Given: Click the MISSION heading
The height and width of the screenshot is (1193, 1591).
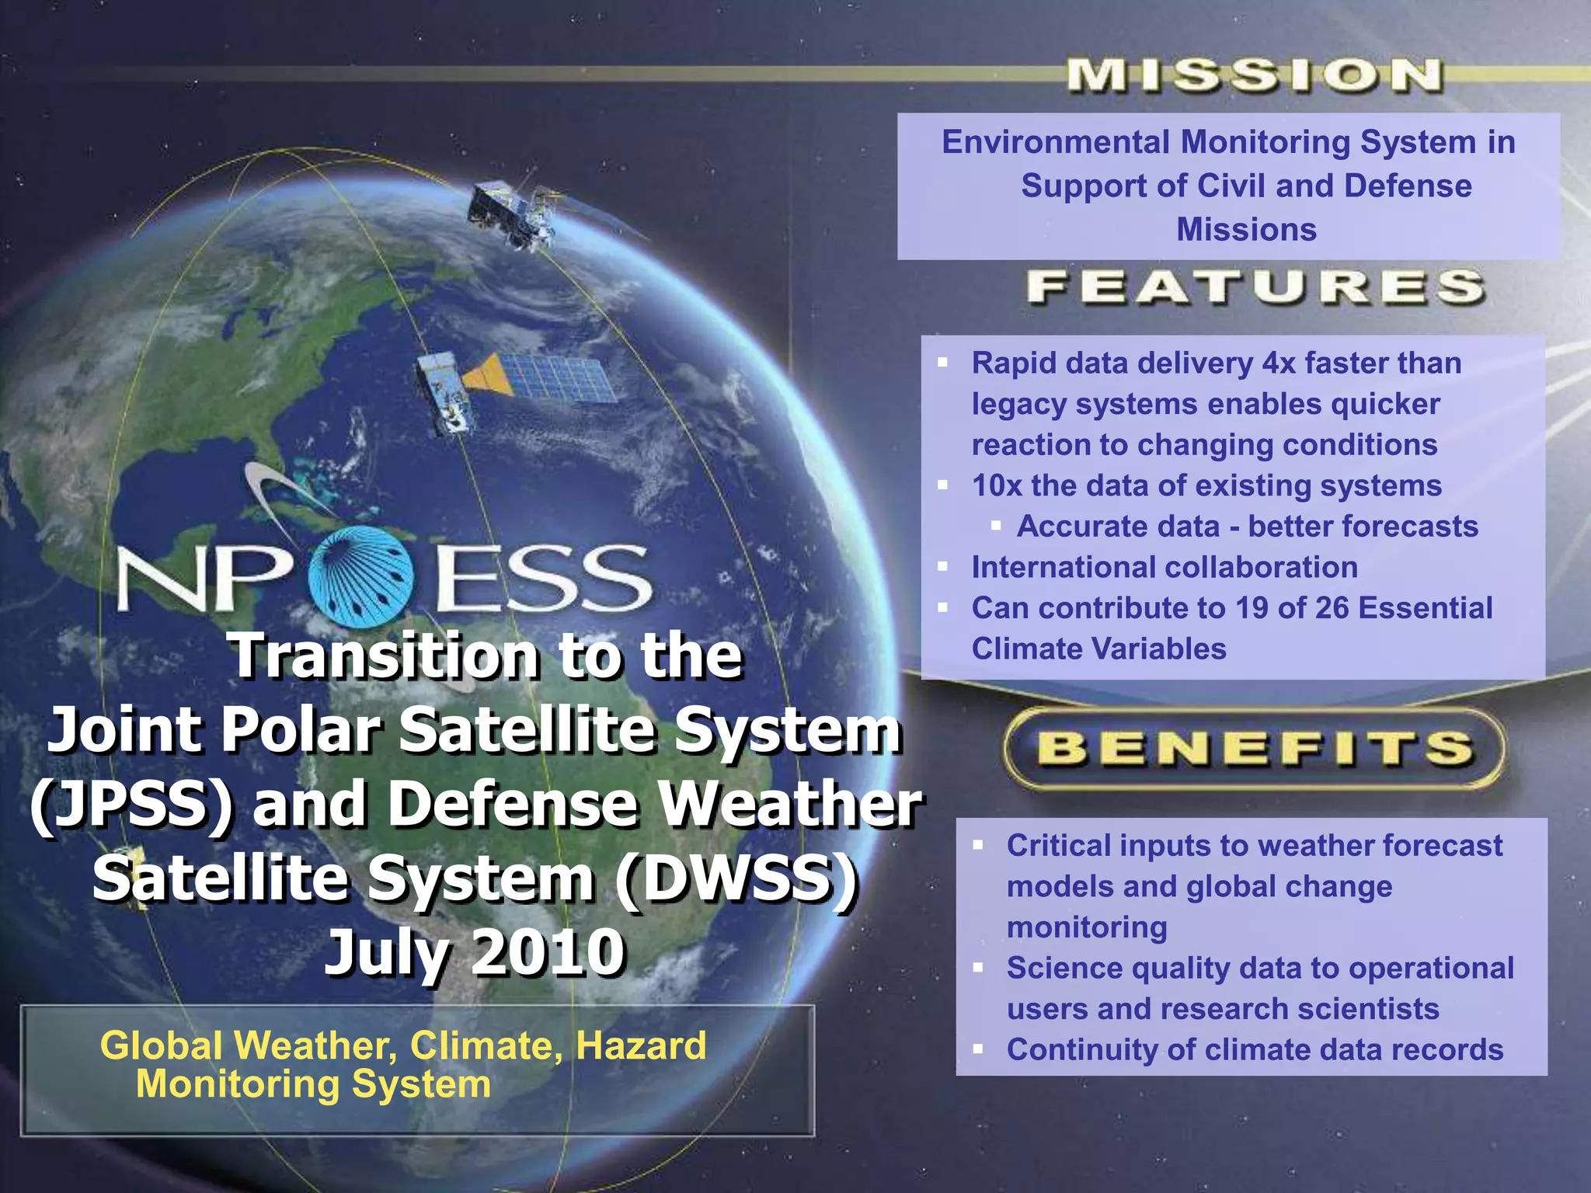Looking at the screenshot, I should (1254, 76).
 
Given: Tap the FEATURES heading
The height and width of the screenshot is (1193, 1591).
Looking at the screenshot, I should (1255, 287).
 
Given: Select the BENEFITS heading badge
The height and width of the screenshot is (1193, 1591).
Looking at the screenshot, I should (1254, 748).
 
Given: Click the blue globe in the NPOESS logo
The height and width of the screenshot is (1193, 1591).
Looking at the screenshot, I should (360, 576).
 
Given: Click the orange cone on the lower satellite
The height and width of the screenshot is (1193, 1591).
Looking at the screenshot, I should (488, 374).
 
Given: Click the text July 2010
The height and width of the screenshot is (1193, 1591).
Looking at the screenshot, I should (475, 952).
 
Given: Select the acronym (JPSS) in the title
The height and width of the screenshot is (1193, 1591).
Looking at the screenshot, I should (132, 804).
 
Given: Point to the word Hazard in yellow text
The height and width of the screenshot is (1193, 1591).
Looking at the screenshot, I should (641, 1045).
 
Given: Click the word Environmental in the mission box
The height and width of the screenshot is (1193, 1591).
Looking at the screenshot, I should (1055, 142).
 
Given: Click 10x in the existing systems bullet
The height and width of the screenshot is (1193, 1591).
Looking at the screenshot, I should (997, 485).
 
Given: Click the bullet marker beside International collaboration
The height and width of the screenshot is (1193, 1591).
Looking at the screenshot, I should (943, 567).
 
